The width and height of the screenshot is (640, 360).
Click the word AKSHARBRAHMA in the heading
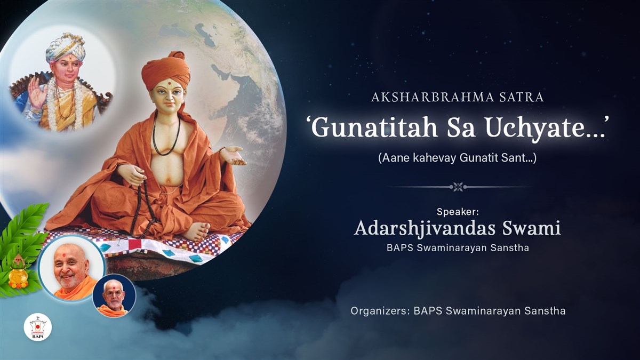(433, 98)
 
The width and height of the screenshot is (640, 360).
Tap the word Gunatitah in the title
(374, 127)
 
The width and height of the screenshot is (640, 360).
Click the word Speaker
(458, 212)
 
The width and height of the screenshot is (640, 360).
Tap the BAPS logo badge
(38, 329)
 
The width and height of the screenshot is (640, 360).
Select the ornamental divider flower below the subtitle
(458, 187)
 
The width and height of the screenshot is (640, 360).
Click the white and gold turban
(65, 47)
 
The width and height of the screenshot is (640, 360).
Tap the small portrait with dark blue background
(114, 295)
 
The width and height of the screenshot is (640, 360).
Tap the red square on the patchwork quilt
(135, 244)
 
